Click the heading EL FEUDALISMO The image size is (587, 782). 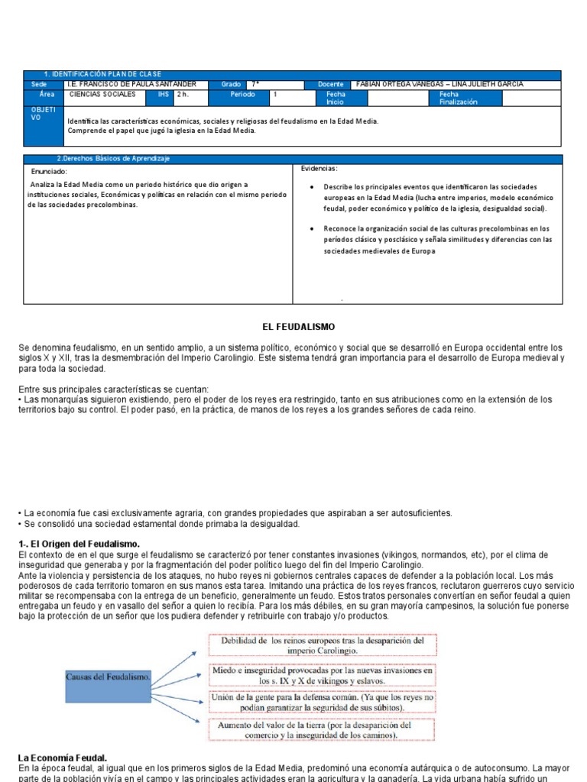point(298,326)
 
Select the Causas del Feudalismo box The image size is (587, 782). point(108,677)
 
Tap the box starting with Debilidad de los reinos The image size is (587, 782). point(322,645)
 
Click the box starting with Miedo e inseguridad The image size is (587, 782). point(322,674)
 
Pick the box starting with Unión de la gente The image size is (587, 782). point(322,703)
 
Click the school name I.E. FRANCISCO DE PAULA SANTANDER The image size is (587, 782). point(131,84)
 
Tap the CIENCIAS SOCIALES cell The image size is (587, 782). point(102,95)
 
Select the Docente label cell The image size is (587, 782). point(327,84)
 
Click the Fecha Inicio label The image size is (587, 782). point(336,98)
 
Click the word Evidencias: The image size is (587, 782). point(319,168)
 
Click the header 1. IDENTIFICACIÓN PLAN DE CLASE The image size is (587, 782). point(102,74)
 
